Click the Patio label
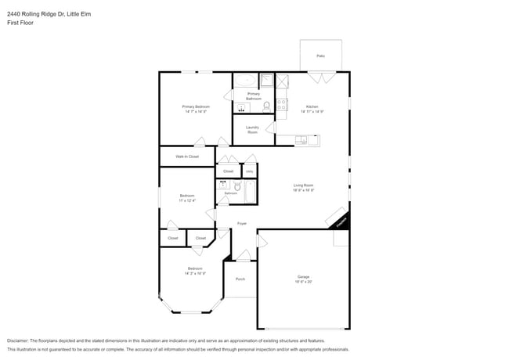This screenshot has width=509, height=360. [x=320, y=56]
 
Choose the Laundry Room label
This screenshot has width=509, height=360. [x=252, y=130]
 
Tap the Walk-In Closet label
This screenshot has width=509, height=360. [x=187, y=157]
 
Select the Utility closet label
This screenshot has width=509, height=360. [x=250, y=171]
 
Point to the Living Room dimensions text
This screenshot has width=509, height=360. [x=304, y=190]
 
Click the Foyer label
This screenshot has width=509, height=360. [x=243, y=223]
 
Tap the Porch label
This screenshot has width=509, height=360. [x=240, y=279]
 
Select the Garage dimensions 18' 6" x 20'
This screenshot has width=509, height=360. [x=304, y=282]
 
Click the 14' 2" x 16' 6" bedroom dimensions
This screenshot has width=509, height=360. [x=195, y=273]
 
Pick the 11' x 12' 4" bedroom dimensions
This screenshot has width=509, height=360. [x=187, y=200]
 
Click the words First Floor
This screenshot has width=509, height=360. [x=21, y=23]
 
